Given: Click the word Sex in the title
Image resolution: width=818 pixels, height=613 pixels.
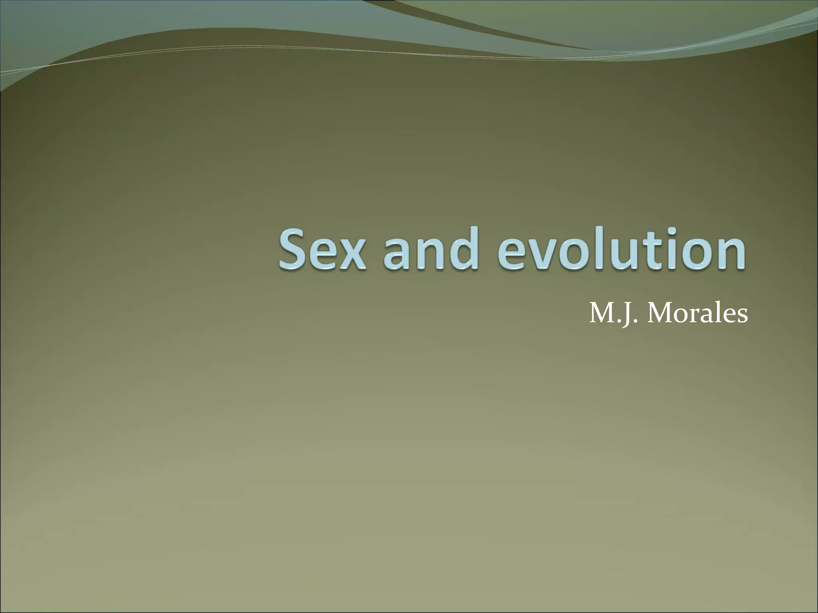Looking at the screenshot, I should [322, 249].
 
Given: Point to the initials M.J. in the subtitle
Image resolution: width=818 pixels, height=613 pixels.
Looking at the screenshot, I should [613, 314].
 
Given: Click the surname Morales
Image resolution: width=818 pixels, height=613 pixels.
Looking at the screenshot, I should [697, 314].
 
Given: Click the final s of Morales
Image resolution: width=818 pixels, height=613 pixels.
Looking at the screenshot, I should [741, 316].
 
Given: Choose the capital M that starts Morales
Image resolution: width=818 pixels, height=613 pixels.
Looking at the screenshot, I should [659, 313].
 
